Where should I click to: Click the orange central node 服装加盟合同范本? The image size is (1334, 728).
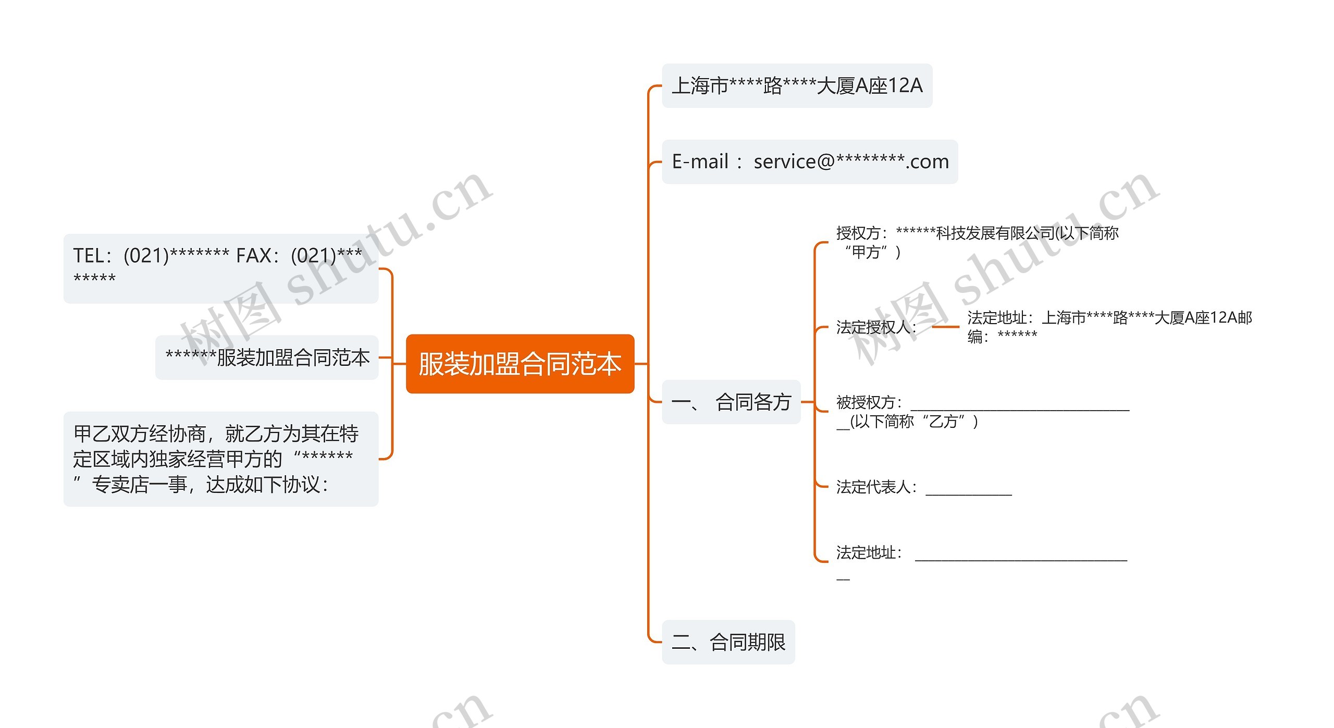point(520,364)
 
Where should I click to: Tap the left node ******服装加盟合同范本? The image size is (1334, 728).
point(267,357)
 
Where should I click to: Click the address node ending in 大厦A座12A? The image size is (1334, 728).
point(797,86)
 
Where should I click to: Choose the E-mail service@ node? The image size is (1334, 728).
point(809,162)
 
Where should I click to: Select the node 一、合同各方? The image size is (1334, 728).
point(731,402)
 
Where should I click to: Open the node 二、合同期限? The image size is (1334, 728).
point(728,642)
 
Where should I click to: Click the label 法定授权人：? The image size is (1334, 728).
point(875,327)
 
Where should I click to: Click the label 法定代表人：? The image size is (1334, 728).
point(875,487)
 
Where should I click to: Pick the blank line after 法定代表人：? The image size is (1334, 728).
point(968,492)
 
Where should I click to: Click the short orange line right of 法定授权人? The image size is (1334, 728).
point(945,327)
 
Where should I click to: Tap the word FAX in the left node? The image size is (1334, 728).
point(254,256)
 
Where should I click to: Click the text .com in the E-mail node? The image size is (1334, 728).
point(927,162)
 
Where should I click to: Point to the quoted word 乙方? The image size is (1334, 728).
point(943,421)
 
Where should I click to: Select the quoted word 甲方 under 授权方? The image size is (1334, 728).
point(866,252)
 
